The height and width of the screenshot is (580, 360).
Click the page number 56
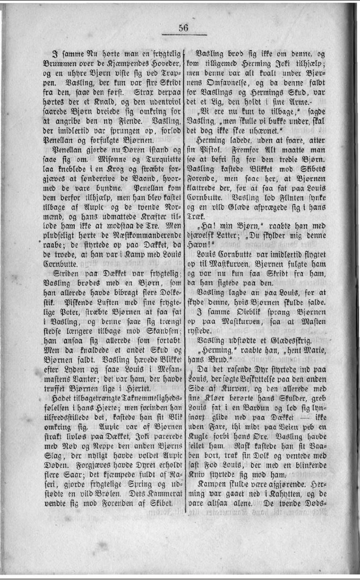coord(184,28)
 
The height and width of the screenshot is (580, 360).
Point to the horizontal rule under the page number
coord(184,35)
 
